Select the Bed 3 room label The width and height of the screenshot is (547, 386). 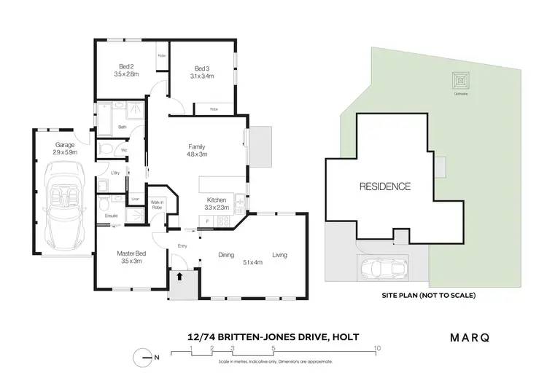pyautogui.click(x=203, y=69)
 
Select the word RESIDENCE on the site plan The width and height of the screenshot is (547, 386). pyautogui.click(x=384, y=186)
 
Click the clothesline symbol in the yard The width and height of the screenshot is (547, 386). pyautogui.click(x=459, y=78)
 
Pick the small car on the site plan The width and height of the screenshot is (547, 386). pyautogui.click(x=387, y=269)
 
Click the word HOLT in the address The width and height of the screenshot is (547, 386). pyautogui.click(x=346, y=336)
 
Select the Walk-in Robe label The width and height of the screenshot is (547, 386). pyautogui.click(x=157, y=206)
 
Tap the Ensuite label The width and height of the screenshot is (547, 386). pyautogui.click(x=112, y=216)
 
